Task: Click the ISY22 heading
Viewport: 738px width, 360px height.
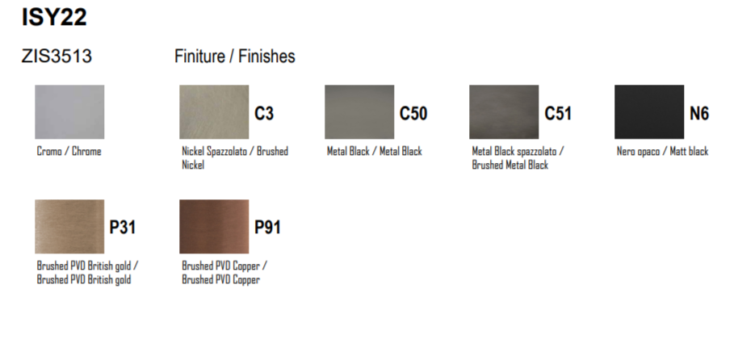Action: [x=54, y=18]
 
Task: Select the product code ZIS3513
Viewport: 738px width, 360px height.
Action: [x=57, y=56]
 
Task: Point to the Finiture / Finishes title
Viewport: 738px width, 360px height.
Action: [x=234, y=56]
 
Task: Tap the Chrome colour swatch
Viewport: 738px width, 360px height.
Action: [x=69, y=112]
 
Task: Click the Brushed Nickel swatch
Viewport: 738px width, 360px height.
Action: [x=214, y=112]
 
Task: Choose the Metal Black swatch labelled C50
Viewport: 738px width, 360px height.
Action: [x=359, y=112]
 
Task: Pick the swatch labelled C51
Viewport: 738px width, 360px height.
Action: [x=504, y=112]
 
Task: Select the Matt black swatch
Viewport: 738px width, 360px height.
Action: [x=649, y=112]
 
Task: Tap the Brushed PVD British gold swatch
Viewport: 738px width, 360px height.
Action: [x=69, y=226]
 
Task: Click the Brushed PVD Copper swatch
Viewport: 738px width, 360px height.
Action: [x=214, y=226]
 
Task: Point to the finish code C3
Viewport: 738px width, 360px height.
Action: [x=264, y=114]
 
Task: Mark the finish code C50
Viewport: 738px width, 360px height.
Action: [x=413, y=114]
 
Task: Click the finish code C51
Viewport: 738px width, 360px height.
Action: [x=558, y=114]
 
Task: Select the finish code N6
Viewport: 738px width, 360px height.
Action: [x=699, y=114]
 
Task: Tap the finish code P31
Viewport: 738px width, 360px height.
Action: [x=123, y=228]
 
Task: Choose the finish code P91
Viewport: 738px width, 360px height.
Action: [x=267, y=228]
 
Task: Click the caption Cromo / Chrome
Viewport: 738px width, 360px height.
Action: [x=69, y=151]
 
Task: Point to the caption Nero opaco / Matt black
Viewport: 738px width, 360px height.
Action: [x=662, y=151]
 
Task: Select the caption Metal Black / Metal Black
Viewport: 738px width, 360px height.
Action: [x=374, y=151]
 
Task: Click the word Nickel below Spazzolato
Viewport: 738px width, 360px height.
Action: [x=193, y=165]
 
